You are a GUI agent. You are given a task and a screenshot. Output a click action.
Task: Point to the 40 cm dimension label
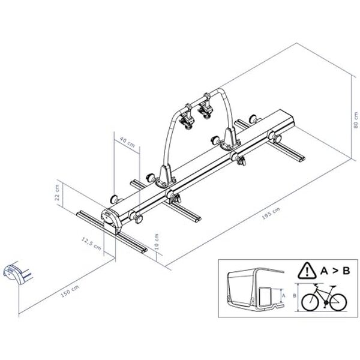tap(126, 142)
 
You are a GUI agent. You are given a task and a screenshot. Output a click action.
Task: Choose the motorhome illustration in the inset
tap(253, 290)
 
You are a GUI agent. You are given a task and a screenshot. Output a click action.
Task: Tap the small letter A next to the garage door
tap(281, 296)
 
